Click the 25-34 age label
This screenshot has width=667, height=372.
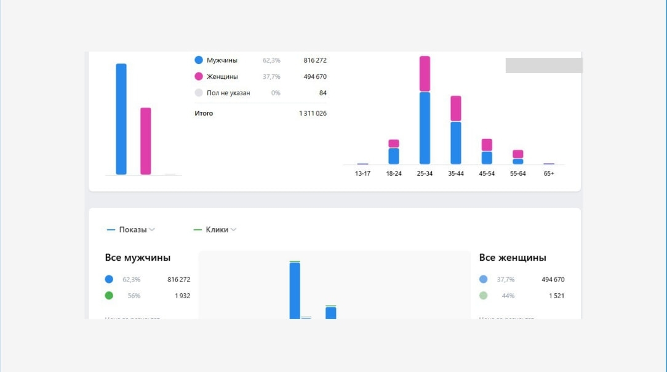pos(425,173)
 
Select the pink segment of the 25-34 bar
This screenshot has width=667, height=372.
pos(425,74)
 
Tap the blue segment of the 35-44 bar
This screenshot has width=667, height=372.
pos(455,143)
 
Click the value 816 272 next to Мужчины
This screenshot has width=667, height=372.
pos(314,60)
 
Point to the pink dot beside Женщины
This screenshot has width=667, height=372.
pos(199,77)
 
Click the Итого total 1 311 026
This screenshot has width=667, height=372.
pos(313,113)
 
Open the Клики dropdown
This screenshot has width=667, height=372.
pos(217,230)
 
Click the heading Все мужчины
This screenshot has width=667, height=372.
pos(138,258)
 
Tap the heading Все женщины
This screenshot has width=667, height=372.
pos(513,258)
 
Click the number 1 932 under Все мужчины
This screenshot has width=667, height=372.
pos(182,296)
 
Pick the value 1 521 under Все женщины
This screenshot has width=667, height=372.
pos(556,296)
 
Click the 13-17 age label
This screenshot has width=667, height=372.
pos(363,173)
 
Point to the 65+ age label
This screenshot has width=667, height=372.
pos(549,173)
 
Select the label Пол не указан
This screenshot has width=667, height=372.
pos(228,93)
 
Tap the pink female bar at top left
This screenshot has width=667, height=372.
pos(146,141)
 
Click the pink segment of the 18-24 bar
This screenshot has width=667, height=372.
pos(394,143)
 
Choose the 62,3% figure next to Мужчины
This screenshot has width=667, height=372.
pos(271,60)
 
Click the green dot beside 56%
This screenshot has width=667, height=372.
pos(109,296)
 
